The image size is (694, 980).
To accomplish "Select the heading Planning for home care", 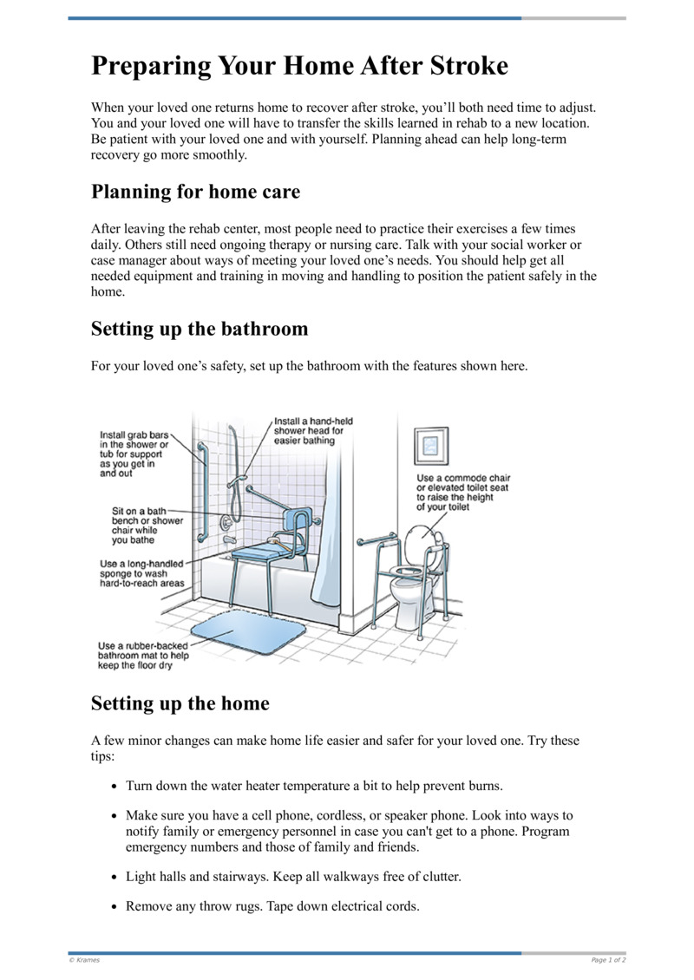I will click(195, 192).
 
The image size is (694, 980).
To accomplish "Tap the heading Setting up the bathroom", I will click(200, 329).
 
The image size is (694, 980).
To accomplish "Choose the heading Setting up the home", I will click(180, 703).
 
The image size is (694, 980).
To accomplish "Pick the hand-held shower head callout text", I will click(309, 431).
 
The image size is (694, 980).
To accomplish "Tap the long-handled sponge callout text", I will click(141, 573).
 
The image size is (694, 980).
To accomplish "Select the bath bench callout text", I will click(138, 526).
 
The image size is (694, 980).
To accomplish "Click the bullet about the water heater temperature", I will click(314, 786).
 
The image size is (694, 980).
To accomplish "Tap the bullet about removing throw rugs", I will click(272, 907).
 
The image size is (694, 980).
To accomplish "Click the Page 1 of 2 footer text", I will click(608, 960).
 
